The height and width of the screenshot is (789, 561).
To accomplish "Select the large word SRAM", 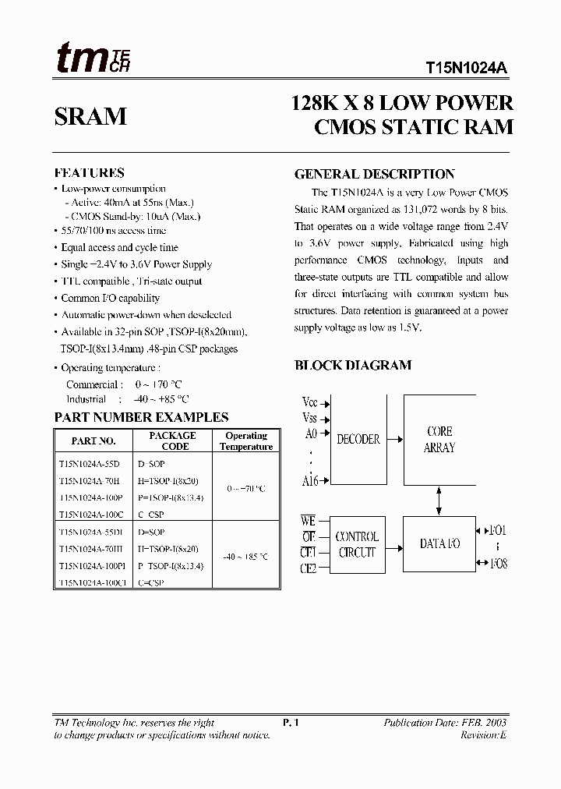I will pos(90,117).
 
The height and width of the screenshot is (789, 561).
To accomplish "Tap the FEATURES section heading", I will pos(89,173).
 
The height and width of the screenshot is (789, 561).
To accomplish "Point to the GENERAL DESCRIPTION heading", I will pos(374,175).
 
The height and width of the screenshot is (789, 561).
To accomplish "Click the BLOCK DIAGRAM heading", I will pos(352,365).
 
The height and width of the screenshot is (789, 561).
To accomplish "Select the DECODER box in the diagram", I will pos(358,440).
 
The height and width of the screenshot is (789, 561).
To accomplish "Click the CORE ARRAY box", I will pos(439,440).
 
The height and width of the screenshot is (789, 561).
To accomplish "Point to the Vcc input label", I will pos(310,403).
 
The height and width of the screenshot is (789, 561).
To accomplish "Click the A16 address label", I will pos(310,481).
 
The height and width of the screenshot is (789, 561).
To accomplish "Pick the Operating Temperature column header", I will pos(246,441).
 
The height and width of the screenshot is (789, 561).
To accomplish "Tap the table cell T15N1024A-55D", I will pos(90,463).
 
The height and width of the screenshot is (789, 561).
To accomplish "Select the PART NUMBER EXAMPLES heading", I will pos(141,417).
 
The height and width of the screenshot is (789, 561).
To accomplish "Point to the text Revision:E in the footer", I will pos(483,735).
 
